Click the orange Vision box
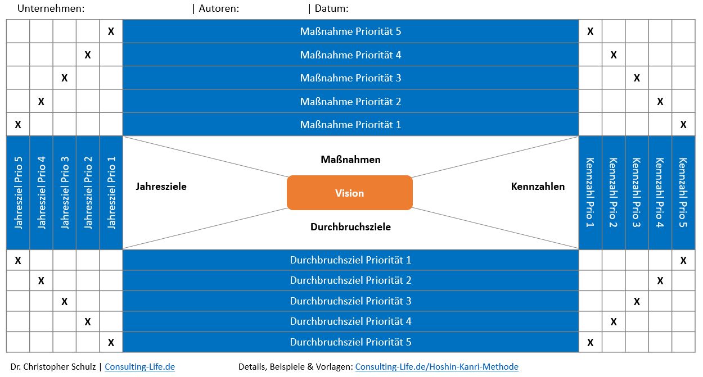click(x=350, y=193)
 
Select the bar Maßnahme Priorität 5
click(x=350, y=31)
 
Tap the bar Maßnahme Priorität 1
click(x=350, y=125)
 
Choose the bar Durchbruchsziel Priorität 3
click(x=350, y=301)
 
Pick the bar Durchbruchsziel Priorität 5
click(x=350, y=342)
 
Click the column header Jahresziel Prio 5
click(x=18, y=193)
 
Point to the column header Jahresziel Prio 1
click(x=111, y=193)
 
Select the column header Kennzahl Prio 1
click(x=590, y=193)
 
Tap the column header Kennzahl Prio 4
click(x=660, y=193)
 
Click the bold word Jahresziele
click(x=161, y=187)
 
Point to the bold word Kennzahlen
click(x=538, y=187)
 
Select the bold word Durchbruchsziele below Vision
click(x=350, y=227)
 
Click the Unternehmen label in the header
click(x=51, y=8)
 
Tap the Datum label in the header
click(x=331, y=8)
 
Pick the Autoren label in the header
click(x=219, y=8)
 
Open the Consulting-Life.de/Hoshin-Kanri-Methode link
click(x=436, y=367)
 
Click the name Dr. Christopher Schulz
click(x=53, y=367)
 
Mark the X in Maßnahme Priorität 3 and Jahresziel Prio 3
click(x=64, y=78)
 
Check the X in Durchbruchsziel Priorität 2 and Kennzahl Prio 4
click(x=660, y=280)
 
